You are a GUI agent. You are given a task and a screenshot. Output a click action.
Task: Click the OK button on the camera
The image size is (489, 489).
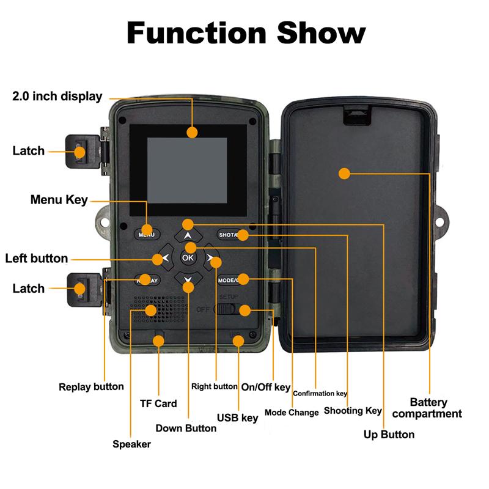[x=187, y=258]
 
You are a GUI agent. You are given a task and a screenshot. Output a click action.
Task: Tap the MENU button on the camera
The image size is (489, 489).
[x=147, y=234]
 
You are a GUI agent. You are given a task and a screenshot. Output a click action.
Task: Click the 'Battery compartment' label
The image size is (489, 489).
[x=428, y=408]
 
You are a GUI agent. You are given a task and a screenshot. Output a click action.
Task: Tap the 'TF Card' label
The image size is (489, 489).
[x=158, y=403]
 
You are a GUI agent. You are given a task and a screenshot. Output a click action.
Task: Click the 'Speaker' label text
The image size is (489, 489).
[x=131, y=444]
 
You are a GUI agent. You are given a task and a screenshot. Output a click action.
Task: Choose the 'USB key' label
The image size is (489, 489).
[x=237, y=418]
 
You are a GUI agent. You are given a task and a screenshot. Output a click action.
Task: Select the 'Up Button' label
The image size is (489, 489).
[x=389, y=435]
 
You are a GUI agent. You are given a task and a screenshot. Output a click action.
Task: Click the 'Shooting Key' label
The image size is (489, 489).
[x=353, y=411]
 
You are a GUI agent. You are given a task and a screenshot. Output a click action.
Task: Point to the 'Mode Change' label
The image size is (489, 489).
[x=292, y=413]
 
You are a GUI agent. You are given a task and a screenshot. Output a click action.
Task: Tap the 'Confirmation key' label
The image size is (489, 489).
[x=320, y=394]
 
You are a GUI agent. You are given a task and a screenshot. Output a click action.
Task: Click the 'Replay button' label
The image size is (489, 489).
[x=91, y=386]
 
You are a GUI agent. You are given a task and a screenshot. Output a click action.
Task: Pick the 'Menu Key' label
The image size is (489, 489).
[x=59, y=200]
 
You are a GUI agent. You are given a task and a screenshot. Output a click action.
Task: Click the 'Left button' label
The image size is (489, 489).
[x=37, y=258]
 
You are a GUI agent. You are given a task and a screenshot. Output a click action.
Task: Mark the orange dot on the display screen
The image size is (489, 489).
[x=193, y=131]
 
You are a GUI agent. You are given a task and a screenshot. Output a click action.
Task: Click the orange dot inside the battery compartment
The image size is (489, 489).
[x=344, y=174]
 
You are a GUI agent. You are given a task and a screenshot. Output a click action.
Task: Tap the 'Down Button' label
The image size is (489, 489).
[x=186, y=428]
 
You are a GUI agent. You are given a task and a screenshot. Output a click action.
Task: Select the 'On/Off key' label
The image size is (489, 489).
[x=265, y=387]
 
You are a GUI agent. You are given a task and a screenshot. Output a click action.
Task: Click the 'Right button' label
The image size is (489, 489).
[x=214, y=386]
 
